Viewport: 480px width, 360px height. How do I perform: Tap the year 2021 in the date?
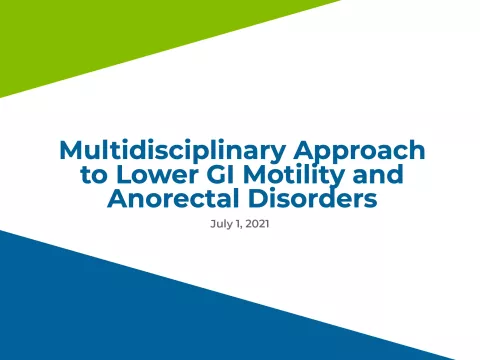(256, 224)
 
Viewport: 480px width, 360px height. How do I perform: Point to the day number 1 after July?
(237, 224)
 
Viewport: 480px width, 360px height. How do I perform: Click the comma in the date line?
(241, 227)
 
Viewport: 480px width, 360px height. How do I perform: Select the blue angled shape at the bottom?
(150, 320)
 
